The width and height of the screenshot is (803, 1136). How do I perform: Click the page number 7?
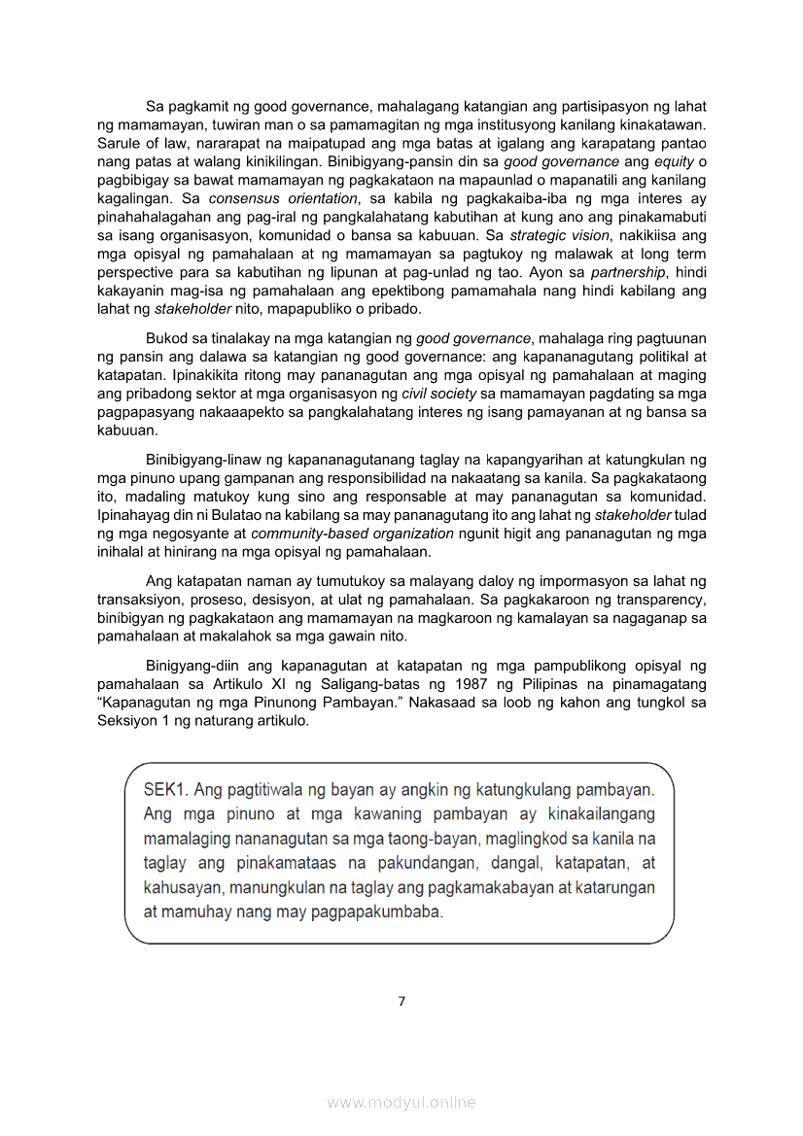pyautogui.click(x=401, y=1002)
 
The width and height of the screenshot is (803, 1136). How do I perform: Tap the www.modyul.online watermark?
pyautogui.click(x=401, y=1102)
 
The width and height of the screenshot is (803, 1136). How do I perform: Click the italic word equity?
pyautogui.click(x=675, y=161)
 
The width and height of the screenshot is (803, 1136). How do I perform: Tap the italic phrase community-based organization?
pyautogui.click(x=352, y=534)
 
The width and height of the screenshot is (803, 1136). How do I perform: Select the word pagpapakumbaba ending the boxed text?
pyautogui.click(x=384, y=912)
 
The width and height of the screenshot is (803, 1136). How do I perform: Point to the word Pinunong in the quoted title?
pyautogui.click(x=314, y=703)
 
